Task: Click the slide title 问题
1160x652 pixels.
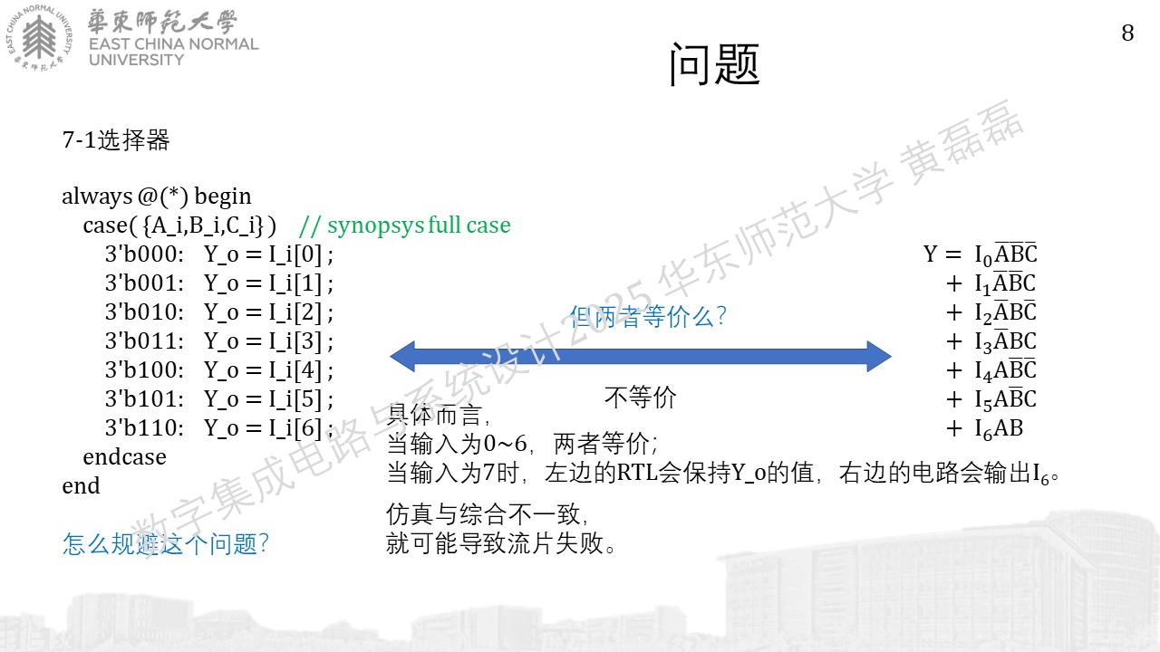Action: [715, 64]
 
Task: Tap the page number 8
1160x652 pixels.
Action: [1127, 34]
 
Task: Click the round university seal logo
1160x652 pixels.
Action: [39, 37]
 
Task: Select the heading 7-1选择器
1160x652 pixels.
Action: [115, 140]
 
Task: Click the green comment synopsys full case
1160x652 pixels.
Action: [405, 225]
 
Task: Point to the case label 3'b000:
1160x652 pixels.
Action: [144, 254]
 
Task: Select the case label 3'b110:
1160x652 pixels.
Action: [144, 428]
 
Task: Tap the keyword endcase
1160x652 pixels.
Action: [124, 457]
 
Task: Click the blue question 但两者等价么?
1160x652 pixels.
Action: [648, 316]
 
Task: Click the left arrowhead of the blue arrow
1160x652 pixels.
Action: [402, 356]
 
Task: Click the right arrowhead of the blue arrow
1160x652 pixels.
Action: [879, 356]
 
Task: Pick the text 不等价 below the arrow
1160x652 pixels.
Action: [640, 398]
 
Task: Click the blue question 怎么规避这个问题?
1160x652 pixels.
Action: [166, 544]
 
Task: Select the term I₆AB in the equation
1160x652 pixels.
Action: [999, 429]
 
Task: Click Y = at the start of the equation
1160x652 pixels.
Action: [942, 254]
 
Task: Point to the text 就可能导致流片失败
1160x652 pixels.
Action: [501, 543]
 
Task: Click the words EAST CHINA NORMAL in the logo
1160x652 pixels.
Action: [173, 44]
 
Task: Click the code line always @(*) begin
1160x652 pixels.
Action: [157, 197]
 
